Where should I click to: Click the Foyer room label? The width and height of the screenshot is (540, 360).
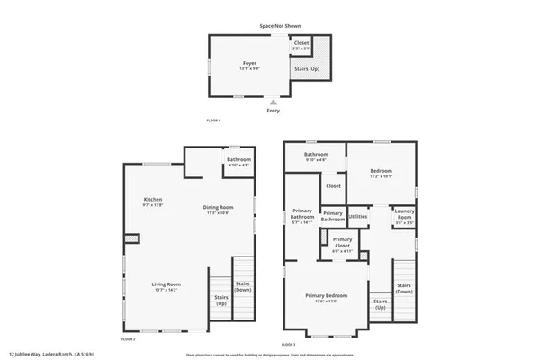pyautogui.click(x=249, y=64)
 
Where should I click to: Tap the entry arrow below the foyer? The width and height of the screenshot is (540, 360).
pyautogui.click(x=273, y=102)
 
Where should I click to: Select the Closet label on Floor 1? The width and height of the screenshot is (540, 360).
pyautogui.click(x=301, y=44)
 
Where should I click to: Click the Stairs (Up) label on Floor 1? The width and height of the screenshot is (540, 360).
pyautogui.click(x=304, y=67)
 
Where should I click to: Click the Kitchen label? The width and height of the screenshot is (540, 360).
pyautogui.click(x=153, y=202)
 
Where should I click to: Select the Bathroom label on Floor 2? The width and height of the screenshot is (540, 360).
pyautogui.click(x=238, y=162)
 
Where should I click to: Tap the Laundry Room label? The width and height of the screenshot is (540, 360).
pyautogui.click(x=404, y=216)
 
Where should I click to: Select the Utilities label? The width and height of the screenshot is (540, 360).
pyautogui.click(x=358, y=217)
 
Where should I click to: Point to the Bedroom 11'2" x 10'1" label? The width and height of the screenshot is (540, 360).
pyautogui.click(x=382, y=175)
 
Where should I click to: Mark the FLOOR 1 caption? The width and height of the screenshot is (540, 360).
pyautogui.click(x=213, y=120)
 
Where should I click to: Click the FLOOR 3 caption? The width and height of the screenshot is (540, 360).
pyautogui.click(x=288, y=345)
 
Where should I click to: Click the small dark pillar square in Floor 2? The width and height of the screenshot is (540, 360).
pyautogui.click(x=131, y=238)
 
